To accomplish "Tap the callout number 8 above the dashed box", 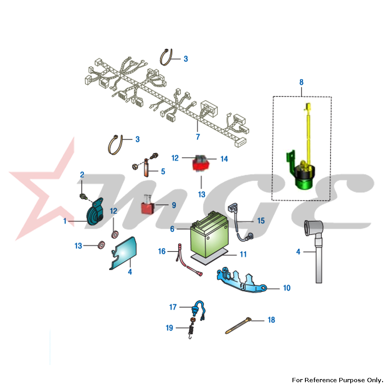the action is click(301, 82).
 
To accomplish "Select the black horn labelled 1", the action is click(94, 213).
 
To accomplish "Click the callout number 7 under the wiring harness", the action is click(198, 136).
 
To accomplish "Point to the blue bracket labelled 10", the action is click(241, 280).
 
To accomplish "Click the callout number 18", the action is click(271, 320).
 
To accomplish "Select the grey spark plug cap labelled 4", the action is click(314, 251).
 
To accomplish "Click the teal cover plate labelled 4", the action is click(124, 253).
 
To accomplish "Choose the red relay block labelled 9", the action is click(148, 206).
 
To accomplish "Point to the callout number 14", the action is click(224, 159).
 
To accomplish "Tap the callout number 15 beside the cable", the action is click(261, 221).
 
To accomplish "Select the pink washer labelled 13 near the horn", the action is click(101, 245).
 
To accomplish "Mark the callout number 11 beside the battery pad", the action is click(243, 254).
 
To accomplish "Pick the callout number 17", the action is click(173, 307).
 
